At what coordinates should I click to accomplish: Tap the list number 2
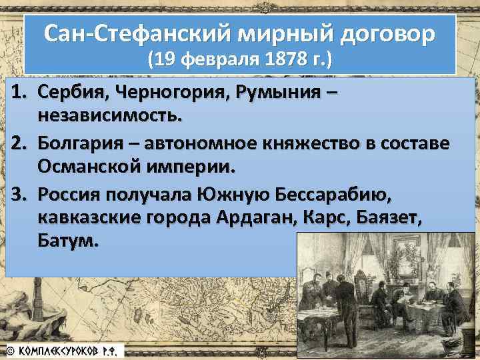(x=18, y=143)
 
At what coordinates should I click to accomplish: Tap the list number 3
(x=18, y=195)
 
